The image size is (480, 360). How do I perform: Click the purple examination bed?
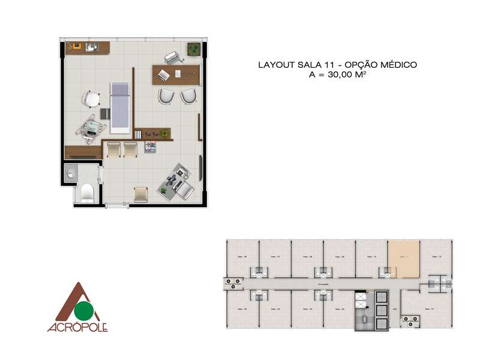(120, 107)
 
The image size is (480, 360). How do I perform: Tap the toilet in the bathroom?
(87, 193)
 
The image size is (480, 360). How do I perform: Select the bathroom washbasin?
(71, 173)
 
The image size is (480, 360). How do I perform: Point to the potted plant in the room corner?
(193, 49)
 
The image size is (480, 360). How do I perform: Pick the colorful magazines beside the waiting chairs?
(150, 146)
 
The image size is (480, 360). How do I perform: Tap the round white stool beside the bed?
(91, 98)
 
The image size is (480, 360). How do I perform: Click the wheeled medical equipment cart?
(92, 127)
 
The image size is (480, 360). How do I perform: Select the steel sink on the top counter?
(92, 47)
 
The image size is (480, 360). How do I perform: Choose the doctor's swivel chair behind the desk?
(173, 58)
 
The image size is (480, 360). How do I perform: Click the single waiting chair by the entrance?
(141, 194)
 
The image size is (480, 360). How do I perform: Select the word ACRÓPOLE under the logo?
(77, 328)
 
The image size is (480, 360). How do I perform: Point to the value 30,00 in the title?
(335, 75)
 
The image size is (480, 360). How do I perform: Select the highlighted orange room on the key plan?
(403, 258)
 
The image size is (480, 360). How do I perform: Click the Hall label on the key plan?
(394, 309)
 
